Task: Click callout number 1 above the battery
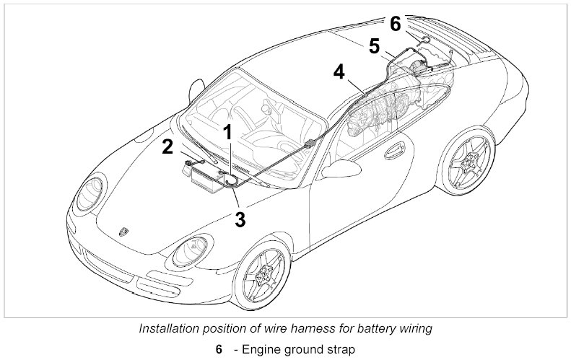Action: pyautogui.click(x=227, y=132)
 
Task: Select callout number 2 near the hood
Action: pyautogui.click(x=167, y=147)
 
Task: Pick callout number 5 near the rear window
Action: pyautogui.click(x=373, y=45)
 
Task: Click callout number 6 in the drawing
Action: pyautogui.click(x=395, y=23)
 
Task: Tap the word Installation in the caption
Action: pyautogui.click(x=167, y=328)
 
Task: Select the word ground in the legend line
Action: pyautogui.click(x=302, y=350)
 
